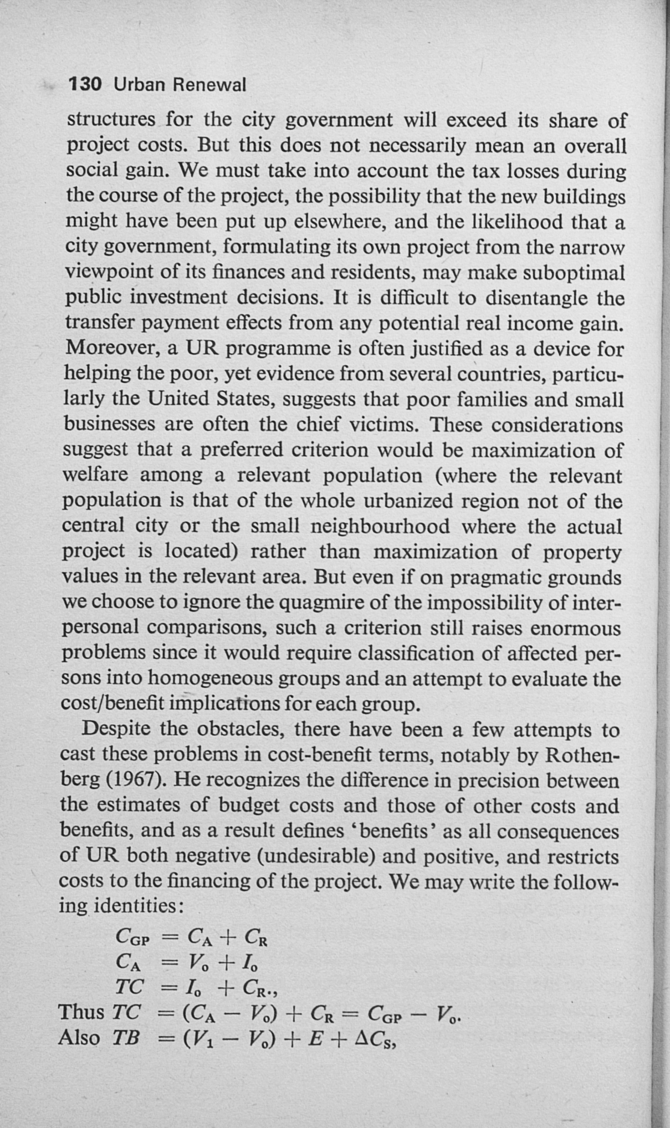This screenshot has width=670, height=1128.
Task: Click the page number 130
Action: tap(85, 85)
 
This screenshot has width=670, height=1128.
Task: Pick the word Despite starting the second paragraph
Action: tap(115, 729)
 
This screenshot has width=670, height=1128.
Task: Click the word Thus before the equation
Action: tap(81, 1012)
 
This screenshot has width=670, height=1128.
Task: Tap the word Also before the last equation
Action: tap(79, 1037)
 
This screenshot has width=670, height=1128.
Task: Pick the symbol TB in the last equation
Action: tap(125, 1038)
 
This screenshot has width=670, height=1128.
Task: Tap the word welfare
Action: tap(95, 475)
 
